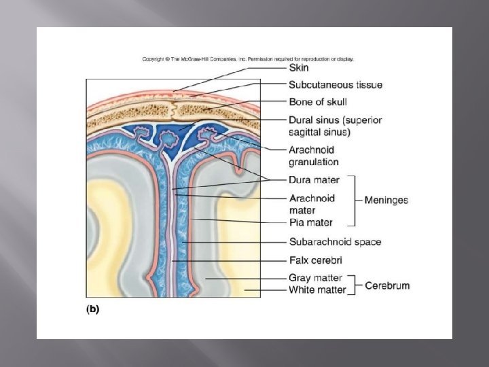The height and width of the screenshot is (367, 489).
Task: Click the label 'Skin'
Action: point(298,68)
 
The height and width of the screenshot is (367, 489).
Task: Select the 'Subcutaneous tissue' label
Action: point(335,85)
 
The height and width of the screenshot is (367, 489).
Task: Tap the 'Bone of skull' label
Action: point(317,102)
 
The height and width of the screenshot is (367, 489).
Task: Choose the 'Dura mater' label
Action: point(314,180)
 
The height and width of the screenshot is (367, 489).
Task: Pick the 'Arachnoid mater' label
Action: point(312,204)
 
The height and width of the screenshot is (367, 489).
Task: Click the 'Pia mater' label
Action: point(310,222)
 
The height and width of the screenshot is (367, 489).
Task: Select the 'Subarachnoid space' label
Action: point(335,241)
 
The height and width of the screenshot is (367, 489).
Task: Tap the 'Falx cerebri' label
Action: point(315,260)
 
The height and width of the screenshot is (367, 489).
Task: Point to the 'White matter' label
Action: point(317,290)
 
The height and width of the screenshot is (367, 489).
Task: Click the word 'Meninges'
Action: point(386,200)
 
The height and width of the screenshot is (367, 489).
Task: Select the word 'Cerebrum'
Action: point(387,285)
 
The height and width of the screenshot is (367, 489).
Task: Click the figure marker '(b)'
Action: point(92,309)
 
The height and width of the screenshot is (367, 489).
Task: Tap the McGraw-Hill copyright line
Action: point(247,59)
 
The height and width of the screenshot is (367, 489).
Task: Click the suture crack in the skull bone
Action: point(175,108)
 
